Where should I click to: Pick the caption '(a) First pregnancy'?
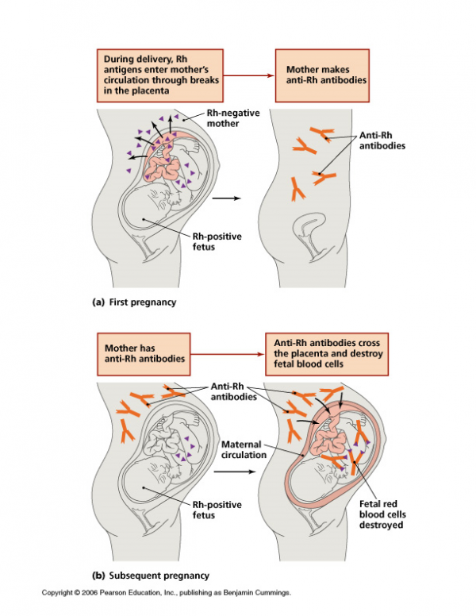134,302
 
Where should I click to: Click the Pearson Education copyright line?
167,592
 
